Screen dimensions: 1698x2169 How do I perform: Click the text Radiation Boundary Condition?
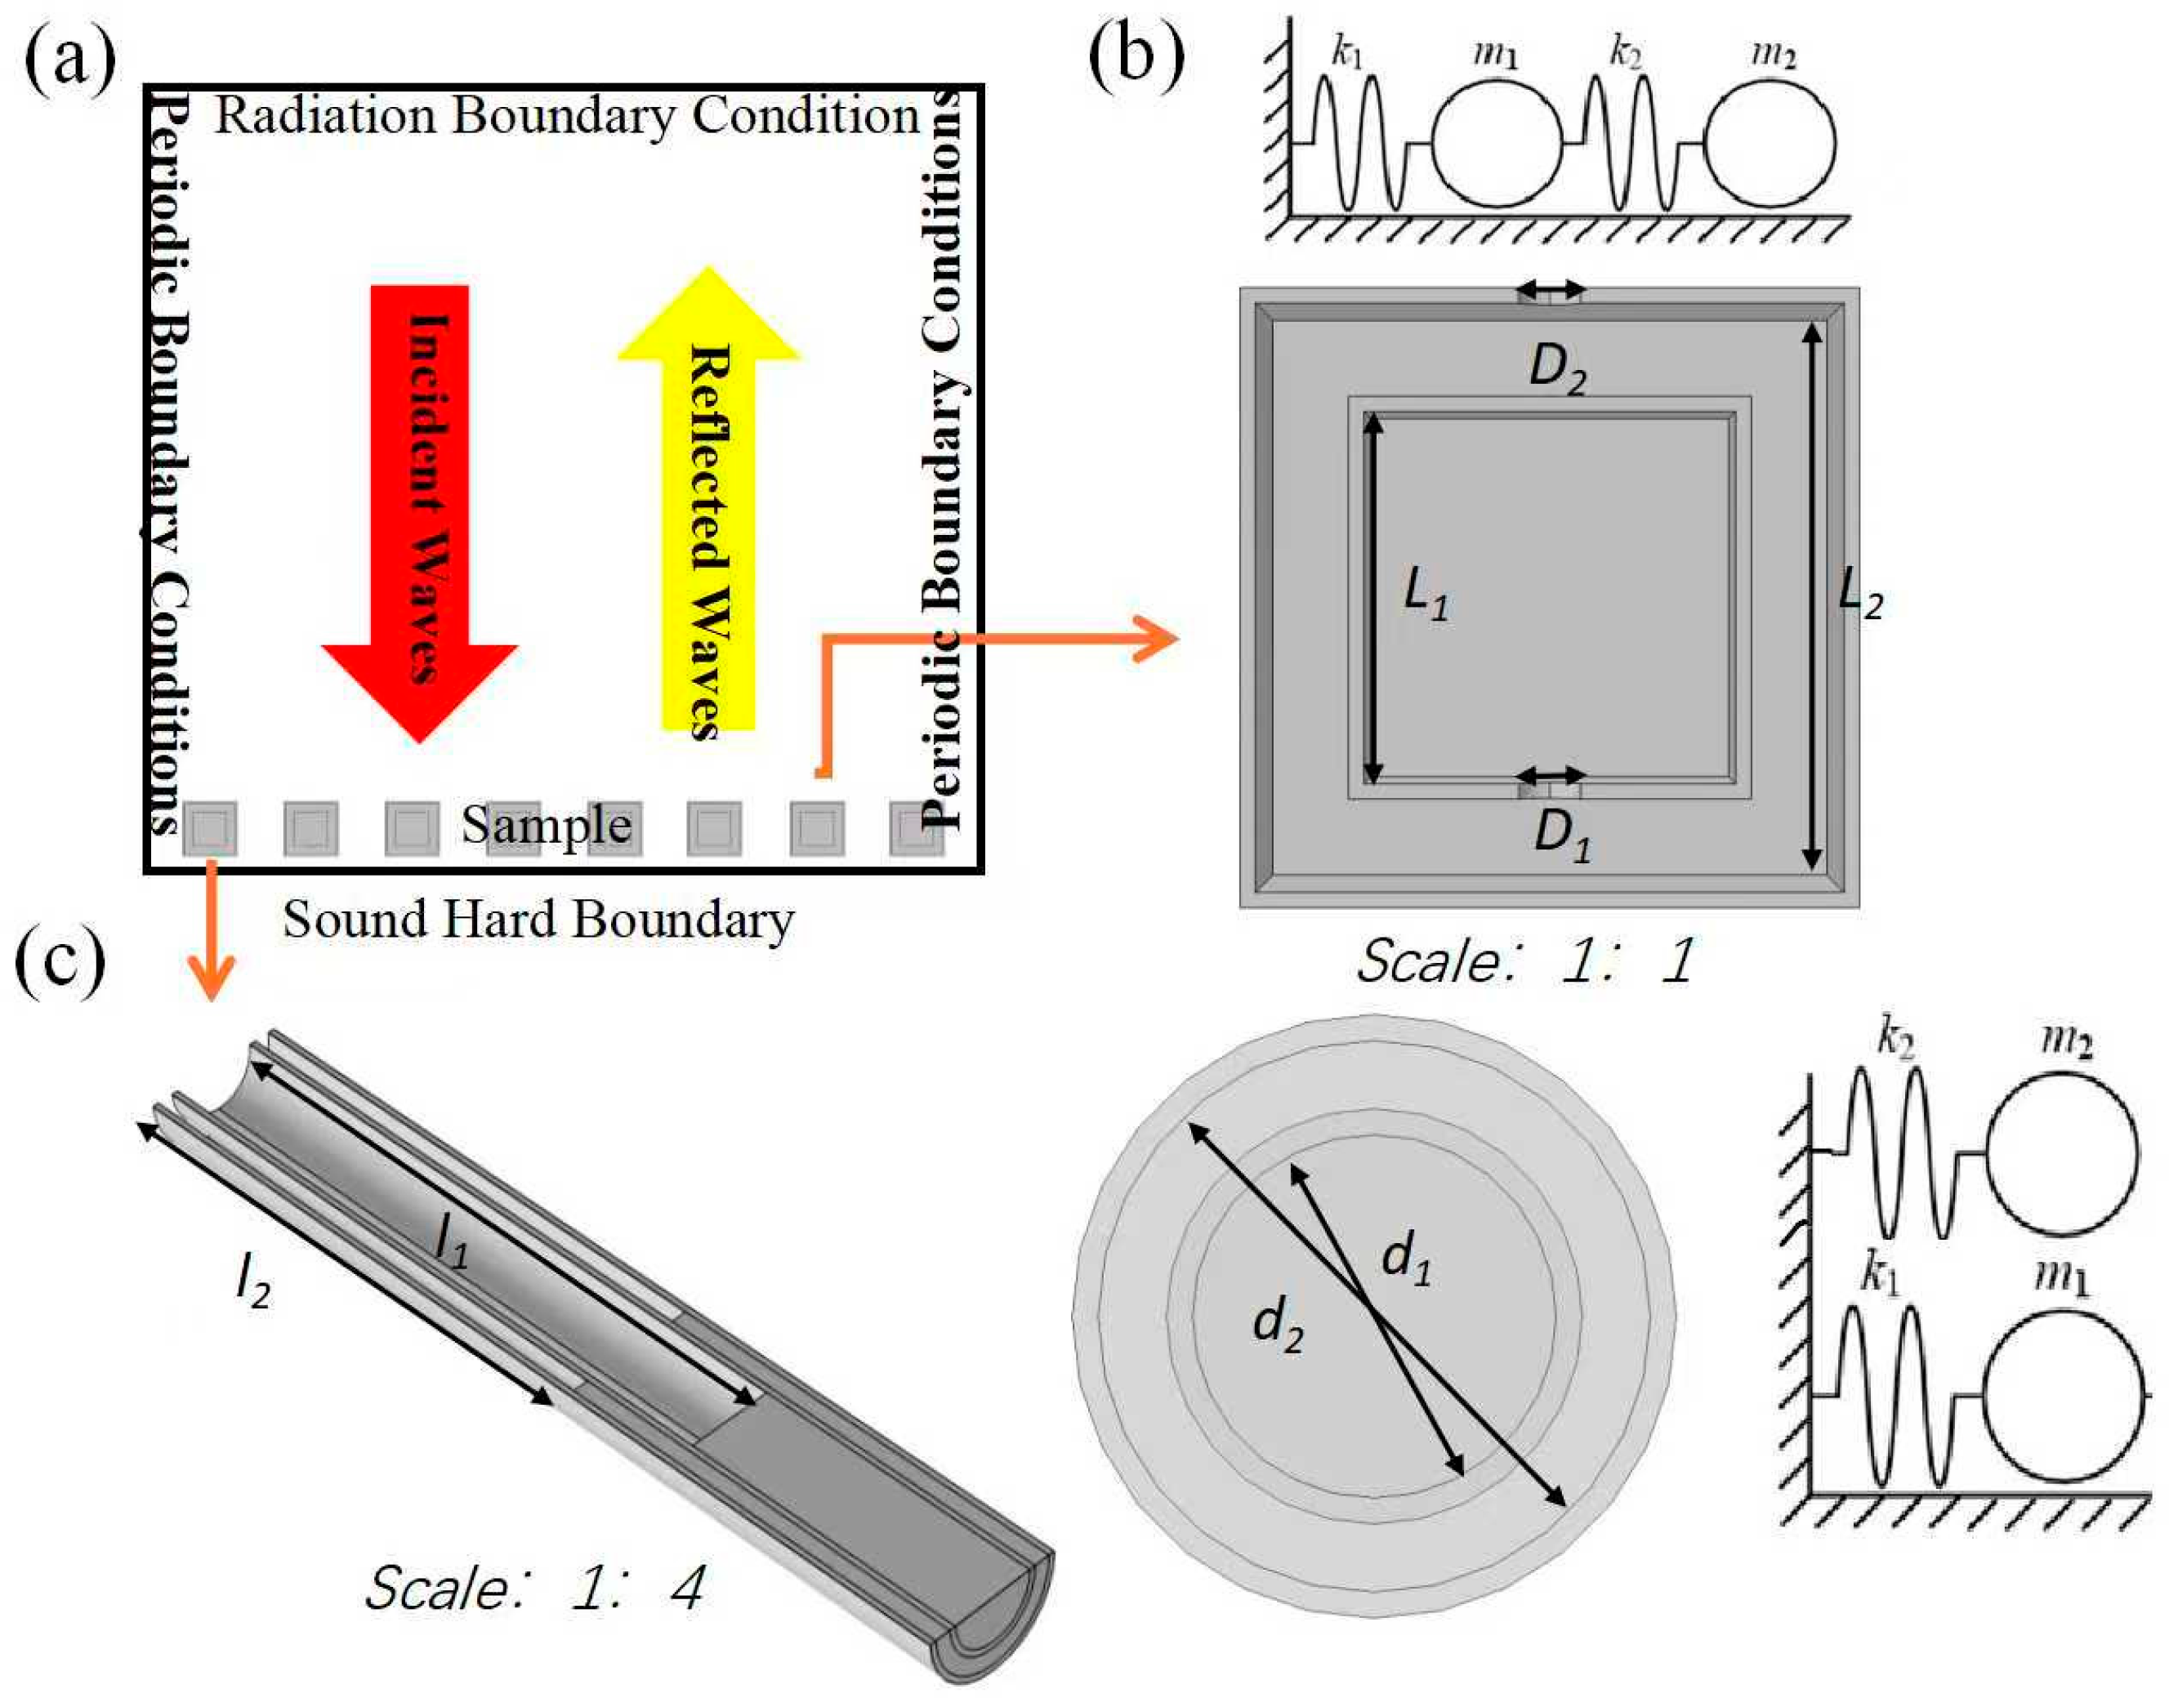click(567, 116)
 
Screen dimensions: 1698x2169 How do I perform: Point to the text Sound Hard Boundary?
click(538, 920)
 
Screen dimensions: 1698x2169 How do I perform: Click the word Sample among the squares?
click(546, 825)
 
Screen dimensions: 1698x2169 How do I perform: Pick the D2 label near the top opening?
click(1557, 369)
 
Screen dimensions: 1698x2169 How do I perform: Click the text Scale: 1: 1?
click(1525, 961)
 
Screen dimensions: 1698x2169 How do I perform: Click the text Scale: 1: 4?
click(535, 1588)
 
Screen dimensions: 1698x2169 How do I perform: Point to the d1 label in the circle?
click(1406, 1262)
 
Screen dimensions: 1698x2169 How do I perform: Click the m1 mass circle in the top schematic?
click(1497, 144)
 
